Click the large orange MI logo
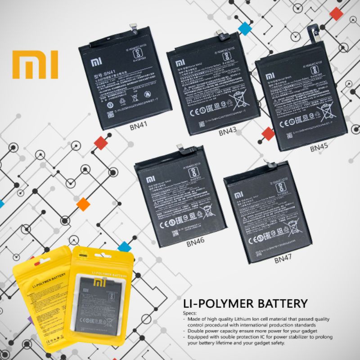35,64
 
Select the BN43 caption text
228,132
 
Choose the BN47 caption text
284,260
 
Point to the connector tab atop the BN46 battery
181,148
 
